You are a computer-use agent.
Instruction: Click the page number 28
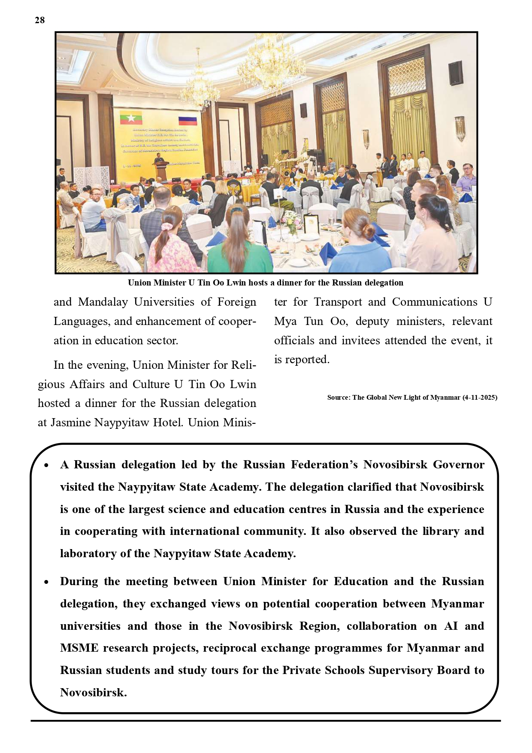pos(39,20)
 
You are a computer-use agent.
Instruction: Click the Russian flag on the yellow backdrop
pos(187,120)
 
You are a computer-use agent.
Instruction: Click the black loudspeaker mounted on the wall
pos(455,73)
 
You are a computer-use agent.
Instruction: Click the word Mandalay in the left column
pos(103,302)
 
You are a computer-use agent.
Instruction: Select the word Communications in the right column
pos(435,302)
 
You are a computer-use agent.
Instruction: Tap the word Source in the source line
pos(338,398)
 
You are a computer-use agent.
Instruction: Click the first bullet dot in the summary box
pos(46,465)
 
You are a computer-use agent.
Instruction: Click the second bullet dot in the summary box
pos(46,582)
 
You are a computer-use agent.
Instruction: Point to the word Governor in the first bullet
pos(459,465)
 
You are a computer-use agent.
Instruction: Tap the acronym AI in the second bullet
pos(450,626)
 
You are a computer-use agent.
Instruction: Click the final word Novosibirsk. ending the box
pos(94,692)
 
